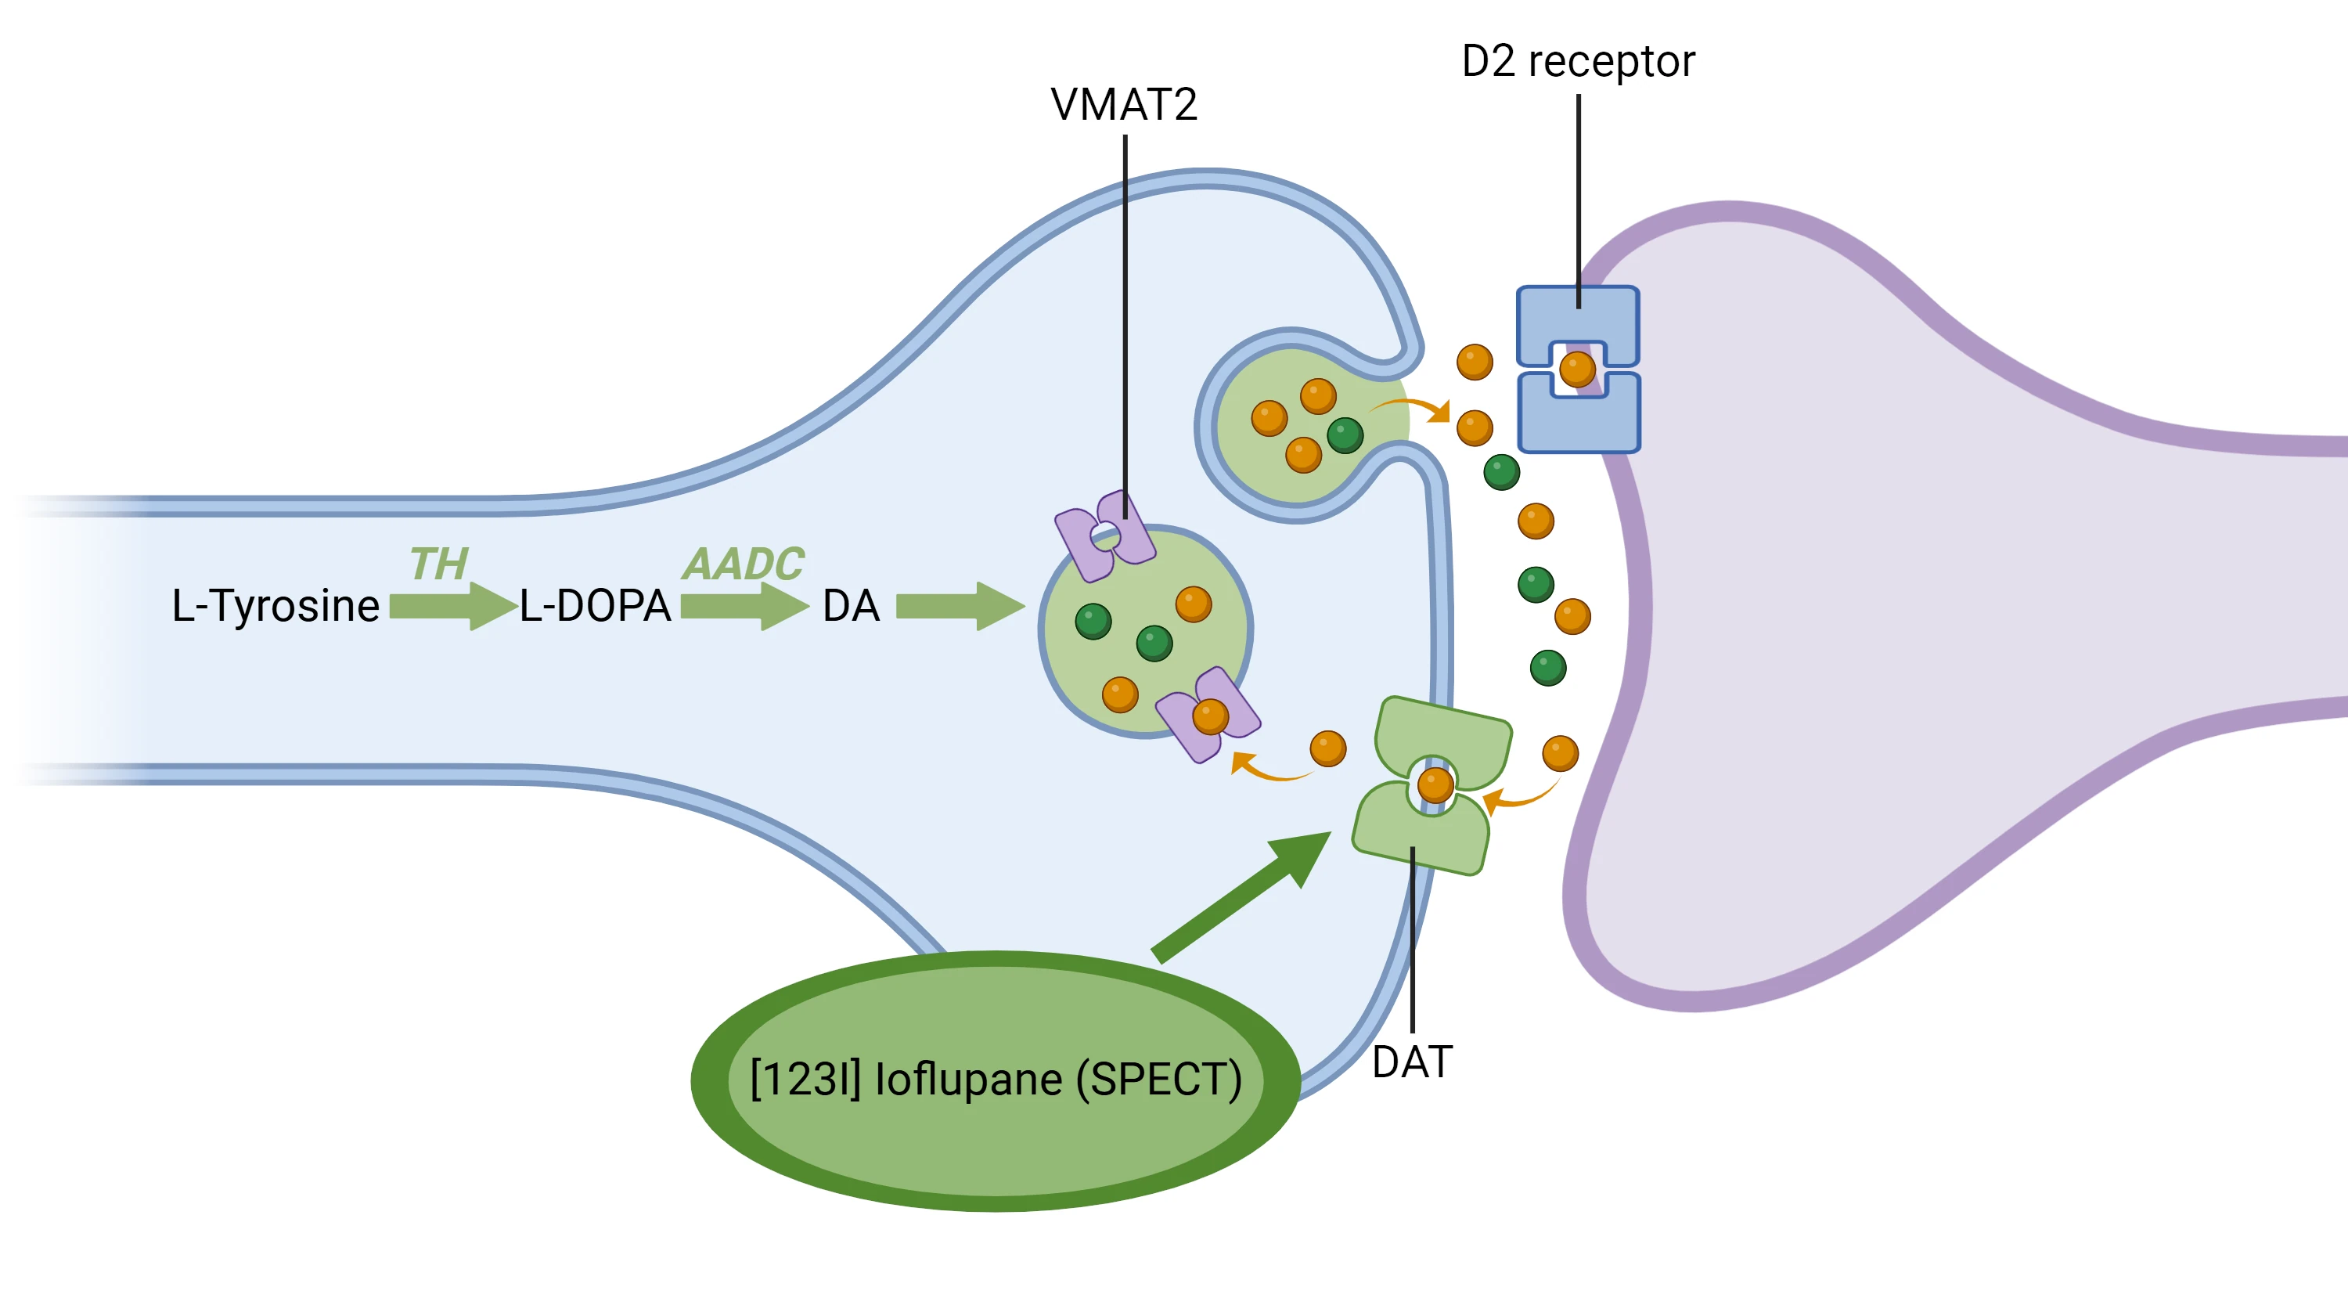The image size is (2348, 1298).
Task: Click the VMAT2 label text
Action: pyautogui.click(x=1124, y=105)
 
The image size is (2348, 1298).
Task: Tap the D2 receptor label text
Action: pyautogui.click(x=1578, y=62)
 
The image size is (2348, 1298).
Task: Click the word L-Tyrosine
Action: pyautogui.click(x=275, y=606)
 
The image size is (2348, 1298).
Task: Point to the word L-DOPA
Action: pyautogui.click(x=595, y=606)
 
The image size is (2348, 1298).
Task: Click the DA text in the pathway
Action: pyautogui.click(x=852, y=606)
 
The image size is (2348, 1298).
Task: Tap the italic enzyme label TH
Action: pyautogui.click(x=438, y=564)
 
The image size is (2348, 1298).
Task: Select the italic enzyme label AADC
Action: pyautogui.click(x=744, y=564)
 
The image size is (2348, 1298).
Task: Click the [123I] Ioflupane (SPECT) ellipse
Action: pyautogui.click(x=996, y=1081)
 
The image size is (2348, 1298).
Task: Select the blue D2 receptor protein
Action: pyautogui.click(x=1578, y=370)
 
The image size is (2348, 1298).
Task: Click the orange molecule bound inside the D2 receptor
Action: pyautogui.click(x=1578, y=370)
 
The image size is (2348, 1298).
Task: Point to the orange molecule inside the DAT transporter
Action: pyautogui.click(x=1435, y=784)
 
